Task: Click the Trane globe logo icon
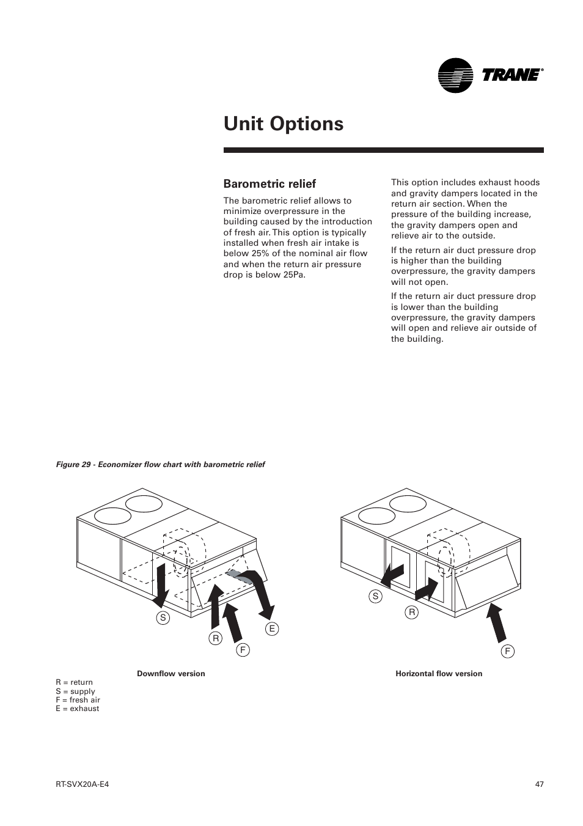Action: (x=455, y=75)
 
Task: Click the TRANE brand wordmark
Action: (x=512, y=75)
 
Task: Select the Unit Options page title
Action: (x=284, y=124)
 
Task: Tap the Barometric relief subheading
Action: (x=269, y=183)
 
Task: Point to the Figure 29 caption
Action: (x=160, y=465)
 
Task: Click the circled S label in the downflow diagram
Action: (x=163, y=618)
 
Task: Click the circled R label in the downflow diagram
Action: (x=215, y=638)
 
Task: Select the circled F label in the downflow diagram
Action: (x=243, y=650)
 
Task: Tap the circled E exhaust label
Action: (x=272, y=629)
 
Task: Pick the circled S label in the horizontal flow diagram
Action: (x=375, y=596)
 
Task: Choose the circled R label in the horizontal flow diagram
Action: (x=412, y=612)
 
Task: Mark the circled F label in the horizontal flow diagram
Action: (x=507, y=651)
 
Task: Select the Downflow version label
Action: (x=171, y=674)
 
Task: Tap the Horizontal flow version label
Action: (x=439, y=674)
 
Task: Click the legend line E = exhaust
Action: (x=77, y=709)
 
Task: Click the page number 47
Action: (x=538, y=784)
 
